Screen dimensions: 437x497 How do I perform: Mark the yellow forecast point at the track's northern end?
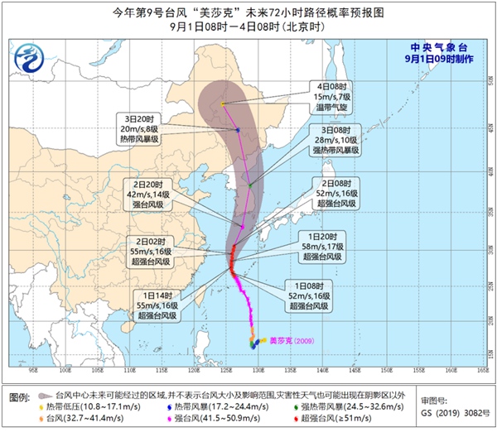tap(224, 104)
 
